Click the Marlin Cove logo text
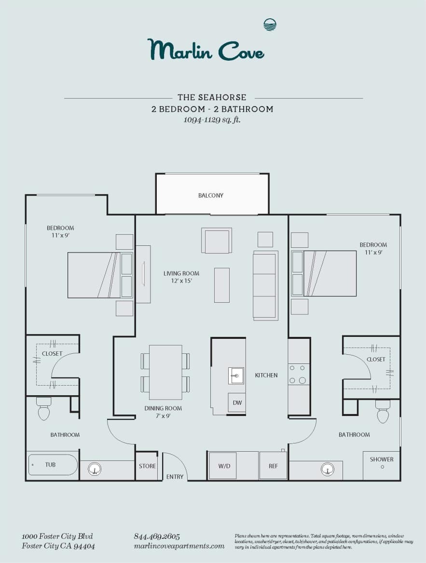click(x=206, y=50)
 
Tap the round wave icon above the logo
click(x=270, y=25)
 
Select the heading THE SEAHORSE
click(x=212, y=97)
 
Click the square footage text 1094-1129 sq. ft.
click(x=212, y=120)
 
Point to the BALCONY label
click(x=211, y=195)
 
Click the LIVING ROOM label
click(x=181, y=277)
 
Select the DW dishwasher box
click(x=236, y=402)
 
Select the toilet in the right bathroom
click(x=383, y=411)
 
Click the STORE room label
click(x=147, y=466)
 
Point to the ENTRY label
click(x=175, y=477)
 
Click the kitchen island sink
click(x=236, y=375)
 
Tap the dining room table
click(x=165, y=372)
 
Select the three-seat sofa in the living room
click(x=265, y=285)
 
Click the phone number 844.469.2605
click(x=157, y=536)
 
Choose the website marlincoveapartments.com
click(x=179, y=546)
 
